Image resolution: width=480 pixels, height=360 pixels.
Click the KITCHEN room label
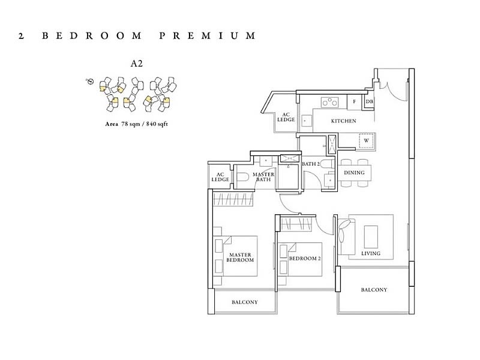[x=343, y=121]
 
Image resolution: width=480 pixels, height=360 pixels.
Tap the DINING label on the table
[x=354, y=173]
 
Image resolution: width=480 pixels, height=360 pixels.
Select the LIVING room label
[x=371, y=253]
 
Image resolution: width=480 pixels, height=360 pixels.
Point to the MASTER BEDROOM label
[x=240, y=257]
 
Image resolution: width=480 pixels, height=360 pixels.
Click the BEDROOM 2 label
[x=305, y=259]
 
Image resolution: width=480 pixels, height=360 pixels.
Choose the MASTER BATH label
[x=263, y=177]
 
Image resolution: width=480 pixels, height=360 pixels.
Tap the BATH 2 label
[x=311, y=164]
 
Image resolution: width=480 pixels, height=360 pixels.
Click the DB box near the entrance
[x=370, y=101]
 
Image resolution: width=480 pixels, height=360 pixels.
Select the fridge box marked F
[x=355, y=101]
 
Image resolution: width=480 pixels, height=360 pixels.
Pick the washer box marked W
[x=367, y=140]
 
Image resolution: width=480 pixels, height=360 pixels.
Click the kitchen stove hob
[x=329, y=102]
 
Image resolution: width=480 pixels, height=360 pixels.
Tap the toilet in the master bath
[x=243, y=177]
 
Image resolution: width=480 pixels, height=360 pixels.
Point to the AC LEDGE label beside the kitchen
[x=286, y=117]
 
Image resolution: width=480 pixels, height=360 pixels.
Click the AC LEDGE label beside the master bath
[x=220, y=177]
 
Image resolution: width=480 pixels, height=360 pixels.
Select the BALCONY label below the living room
[x=374, y=290]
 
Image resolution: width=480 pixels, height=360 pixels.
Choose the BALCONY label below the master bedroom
[x=245, y=302]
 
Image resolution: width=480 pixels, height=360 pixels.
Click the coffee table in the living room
[x=371, y=236]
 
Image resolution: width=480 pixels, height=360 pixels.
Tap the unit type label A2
[x=137, y=64]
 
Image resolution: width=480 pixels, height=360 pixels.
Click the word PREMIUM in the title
[x=207, y=36]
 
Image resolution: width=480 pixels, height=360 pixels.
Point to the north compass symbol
[x=90, y=81]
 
